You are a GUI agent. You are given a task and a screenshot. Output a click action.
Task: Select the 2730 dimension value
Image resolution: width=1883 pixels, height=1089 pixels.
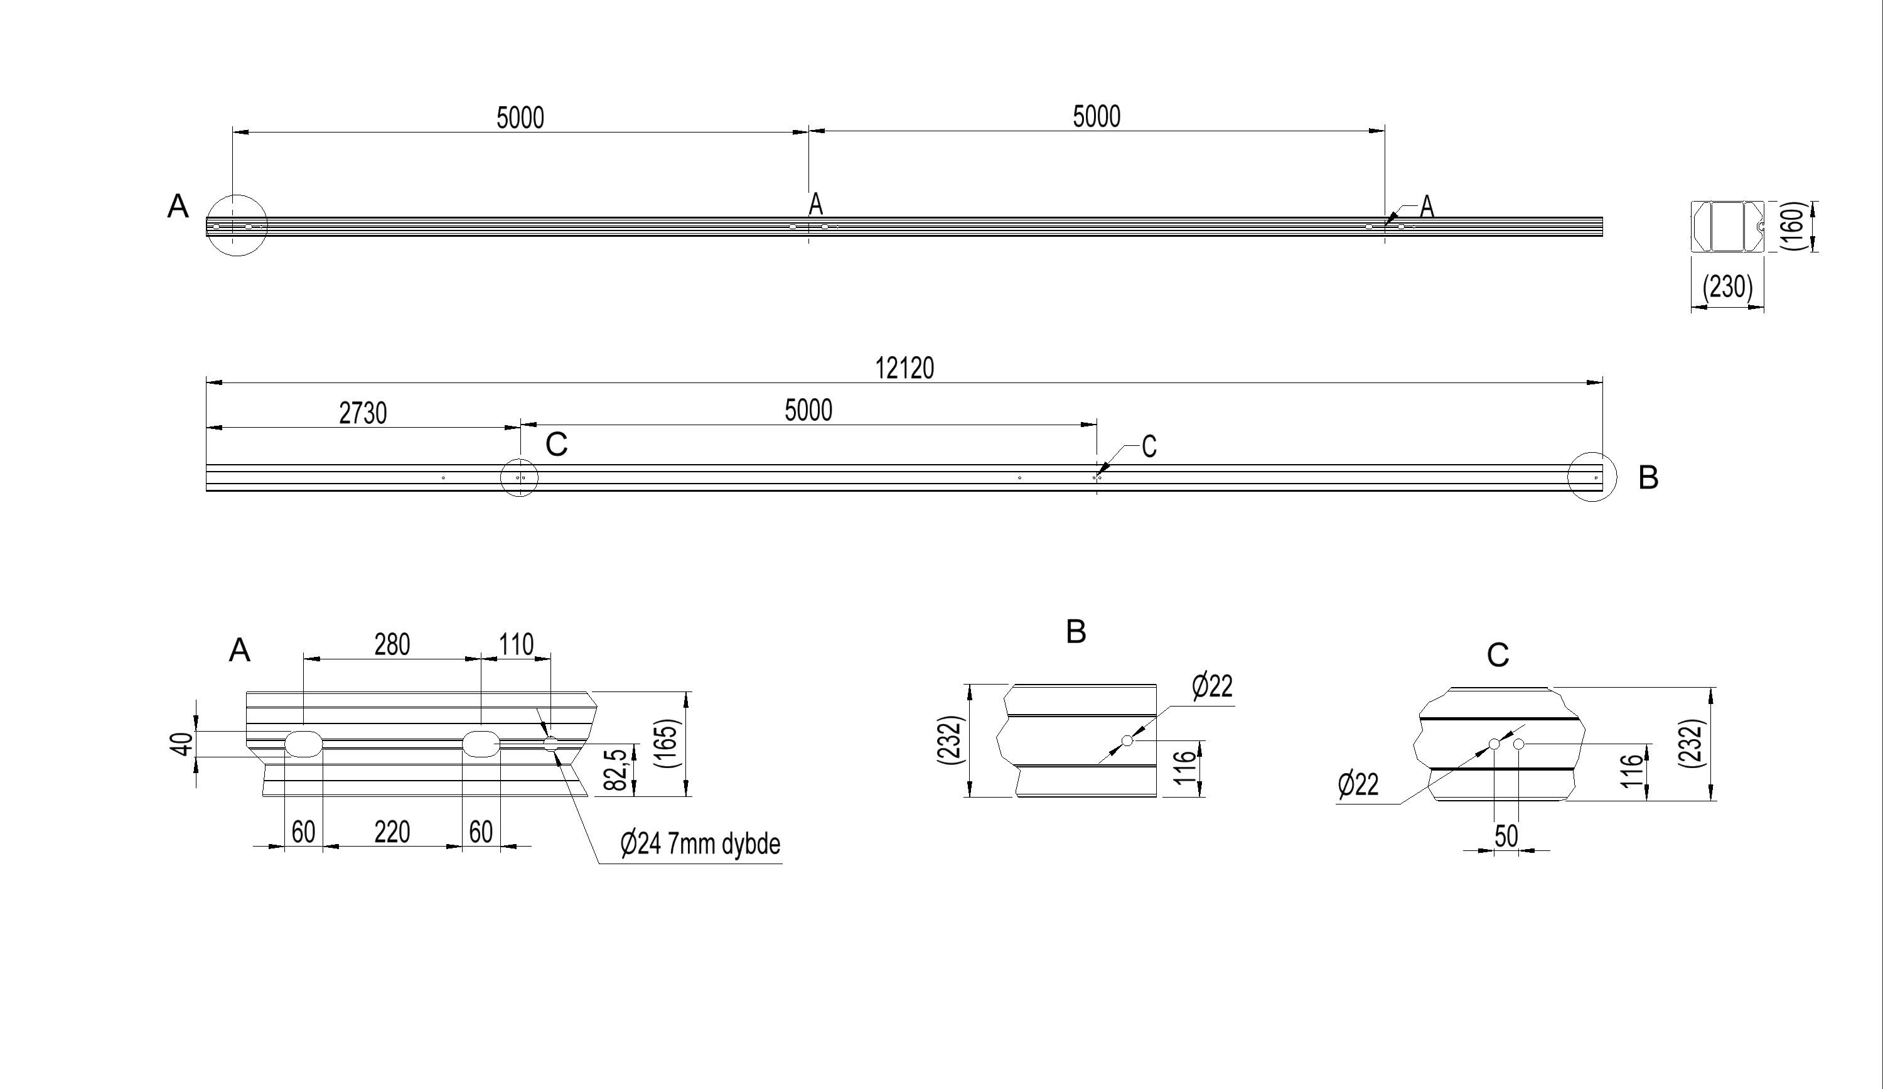tap(363, 413)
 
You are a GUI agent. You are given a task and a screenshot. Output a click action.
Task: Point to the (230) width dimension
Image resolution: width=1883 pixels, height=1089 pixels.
tap(1727, 286)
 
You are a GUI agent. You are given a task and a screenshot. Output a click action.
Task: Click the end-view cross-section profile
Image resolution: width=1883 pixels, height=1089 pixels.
tap(1727, 225)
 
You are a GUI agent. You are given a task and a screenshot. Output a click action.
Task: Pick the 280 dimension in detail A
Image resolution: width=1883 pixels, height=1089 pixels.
tap(392, 644)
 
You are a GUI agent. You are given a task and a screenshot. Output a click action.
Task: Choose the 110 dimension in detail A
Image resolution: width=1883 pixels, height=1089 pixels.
tap(517, 644)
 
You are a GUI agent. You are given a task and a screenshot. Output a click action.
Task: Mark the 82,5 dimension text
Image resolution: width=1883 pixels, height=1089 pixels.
tap(614, 770)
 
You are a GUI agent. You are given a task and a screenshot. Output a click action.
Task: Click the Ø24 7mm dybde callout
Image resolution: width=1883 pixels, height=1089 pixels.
tap(700, 844)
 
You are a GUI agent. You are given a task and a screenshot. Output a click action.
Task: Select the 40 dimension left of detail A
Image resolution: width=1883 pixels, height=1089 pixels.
tap(182, 744)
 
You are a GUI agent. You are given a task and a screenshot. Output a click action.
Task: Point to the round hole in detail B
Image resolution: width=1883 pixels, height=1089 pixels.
tap(1127, 740)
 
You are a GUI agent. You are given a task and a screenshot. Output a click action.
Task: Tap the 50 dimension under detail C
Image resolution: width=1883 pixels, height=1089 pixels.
tap(1506, 836)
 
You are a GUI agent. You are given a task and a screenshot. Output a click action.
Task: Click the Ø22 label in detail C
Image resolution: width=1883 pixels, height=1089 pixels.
tap(1358, 785)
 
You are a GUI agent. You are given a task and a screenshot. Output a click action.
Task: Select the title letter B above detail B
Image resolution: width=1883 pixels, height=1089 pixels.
tap(1076, 632)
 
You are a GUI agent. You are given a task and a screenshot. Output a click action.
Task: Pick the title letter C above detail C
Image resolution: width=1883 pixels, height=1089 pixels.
tap(1498, 656)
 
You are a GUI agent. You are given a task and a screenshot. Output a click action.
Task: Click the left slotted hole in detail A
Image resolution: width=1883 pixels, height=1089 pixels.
tap(304, 744)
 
